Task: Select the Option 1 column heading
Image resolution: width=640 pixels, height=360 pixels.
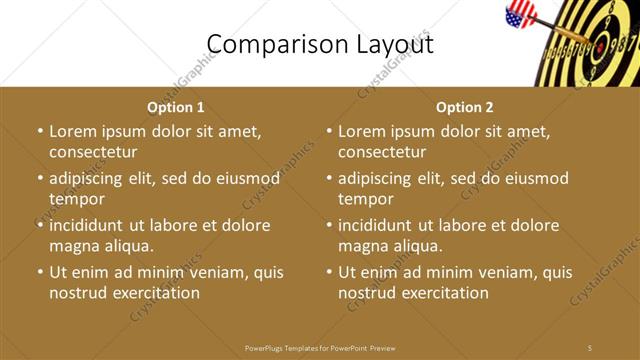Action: [x=176, y=107]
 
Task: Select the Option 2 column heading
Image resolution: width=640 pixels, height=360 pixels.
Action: [x=465, y=107]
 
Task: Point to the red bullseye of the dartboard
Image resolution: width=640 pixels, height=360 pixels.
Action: [x=599, y=46]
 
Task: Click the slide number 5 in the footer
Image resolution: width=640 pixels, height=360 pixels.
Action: [x=590, y=347]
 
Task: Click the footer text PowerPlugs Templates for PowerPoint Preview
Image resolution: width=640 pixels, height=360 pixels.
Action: [x=320, y=347]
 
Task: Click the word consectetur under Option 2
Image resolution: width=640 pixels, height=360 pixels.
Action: [x=382, y=152]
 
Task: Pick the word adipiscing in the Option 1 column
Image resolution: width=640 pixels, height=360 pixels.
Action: [x=90, y=179]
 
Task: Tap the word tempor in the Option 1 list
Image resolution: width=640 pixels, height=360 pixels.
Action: [x=76, y=199]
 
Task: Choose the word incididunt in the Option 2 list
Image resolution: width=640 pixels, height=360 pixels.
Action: [x=380, y=226]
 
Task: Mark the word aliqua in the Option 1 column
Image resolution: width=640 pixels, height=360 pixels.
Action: [x=127, y=246]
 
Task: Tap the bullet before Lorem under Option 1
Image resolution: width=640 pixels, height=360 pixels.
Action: [x=40, y=132]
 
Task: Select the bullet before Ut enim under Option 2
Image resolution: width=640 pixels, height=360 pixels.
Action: [x=329, y=272]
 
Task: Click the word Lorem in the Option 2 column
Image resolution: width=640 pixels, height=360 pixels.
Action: [x=362, y=132]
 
